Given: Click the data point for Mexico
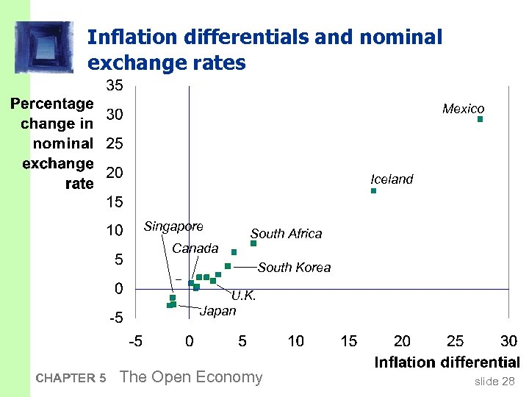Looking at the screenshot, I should pyautogui.click(x=480, y=118).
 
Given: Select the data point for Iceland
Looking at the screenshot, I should pyautogui.click(x=373, y=191).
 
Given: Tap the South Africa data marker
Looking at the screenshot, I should pyautogui.click(x=253, y=243).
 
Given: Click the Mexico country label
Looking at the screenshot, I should pyautogui.click(x=463, y=109).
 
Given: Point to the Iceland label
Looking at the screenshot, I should pyautogui.click(x=392, y=179).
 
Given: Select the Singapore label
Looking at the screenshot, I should pyautogui.click(x=173, y=226).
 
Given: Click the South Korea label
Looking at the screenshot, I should pyautogui.click(x=294, y=268).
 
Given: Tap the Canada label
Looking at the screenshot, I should pyautogui.click(x=195, y=248).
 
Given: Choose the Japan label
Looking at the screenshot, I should pyautogui.click(x=218, y=311).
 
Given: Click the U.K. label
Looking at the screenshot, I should pyautogui.click(x=243, y=296).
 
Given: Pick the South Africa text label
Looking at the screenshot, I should pyautogui.click(x=286, y=234).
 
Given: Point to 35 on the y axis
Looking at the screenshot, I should pyautogui.click(x=115, y=86).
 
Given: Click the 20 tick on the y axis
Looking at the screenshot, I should pyautogui.click(x=115, y=173).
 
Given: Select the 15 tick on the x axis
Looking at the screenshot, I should pyautogui.click(x=349, y=341).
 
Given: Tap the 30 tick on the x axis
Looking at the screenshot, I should pyautogui.click(x=508, y=341).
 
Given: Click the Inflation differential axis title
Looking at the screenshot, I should pyautogui.click(x=447, y=362).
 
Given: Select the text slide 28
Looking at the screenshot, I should pyautogui.click(x=494, y=381).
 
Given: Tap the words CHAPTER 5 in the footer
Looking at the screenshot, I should pyautogui.click(x=71, y=379).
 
